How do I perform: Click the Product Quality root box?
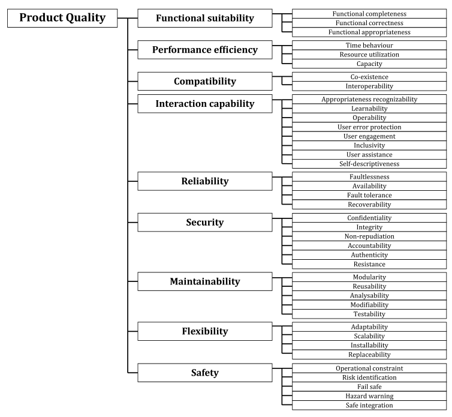click(62, 18)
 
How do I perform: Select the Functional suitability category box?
click(205, 18)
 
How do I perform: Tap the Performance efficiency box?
click(205, 50)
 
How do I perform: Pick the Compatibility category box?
click(205, 82)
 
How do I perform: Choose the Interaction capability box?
click(205, 104)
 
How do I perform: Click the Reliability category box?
click(205, 181)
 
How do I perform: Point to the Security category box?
click(205, 222)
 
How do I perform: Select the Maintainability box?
click(205, 281)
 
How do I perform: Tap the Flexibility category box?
click(205, 331)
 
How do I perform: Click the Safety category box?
click(205, 373)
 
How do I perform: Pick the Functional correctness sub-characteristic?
click(369, 23)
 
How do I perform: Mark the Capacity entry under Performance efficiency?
click(369, 64)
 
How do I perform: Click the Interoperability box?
click(369, 86)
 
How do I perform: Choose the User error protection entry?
click(369, 127)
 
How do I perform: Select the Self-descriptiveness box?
click(369, 164)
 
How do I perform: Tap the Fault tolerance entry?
click(369, 195)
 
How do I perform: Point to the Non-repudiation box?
click(369, 236)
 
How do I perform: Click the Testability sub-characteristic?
click(369, 314)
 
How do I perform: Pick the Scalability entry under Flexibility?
click(369, 336)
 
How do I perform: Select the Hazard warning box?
click(369, 396)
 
